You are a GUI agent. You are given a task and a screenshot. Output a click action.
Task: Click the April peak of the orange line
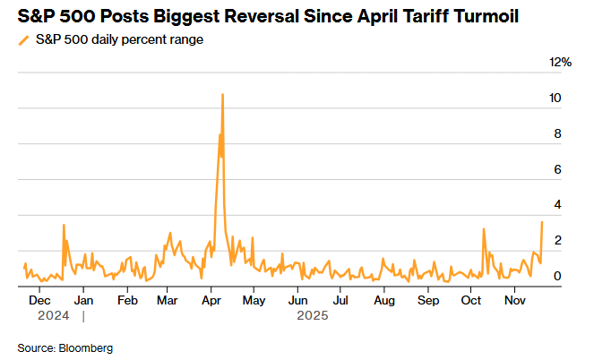222,94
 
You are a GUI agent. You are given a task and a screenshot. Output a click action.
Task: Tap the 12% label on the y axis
560,62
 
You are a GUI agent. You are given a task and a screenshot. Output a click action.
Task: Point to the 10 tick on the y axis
556,98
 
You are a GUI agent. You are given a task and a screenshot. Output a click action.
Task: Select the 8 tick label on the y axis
557,133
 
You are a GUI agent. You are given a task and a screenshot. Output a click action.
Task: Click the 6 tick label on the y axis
557,169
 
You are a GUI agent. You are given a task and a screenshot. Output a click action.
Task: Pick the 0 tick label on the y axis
557,276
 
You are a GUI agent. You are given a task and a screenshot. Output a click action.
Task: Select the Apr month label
211,301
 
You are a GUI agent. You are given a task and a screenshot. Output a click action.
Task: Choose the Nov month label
513,301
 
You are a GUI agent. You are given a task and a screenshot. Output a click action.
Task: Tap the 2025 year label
313,315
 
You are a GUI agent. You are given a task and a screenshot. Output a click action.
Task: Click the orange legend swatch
22,40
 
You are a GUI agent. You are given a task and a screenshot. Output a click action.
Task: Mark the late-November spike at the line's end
542,222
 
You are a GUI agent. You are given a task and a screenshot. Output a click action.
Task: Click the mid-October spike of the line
484,229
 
